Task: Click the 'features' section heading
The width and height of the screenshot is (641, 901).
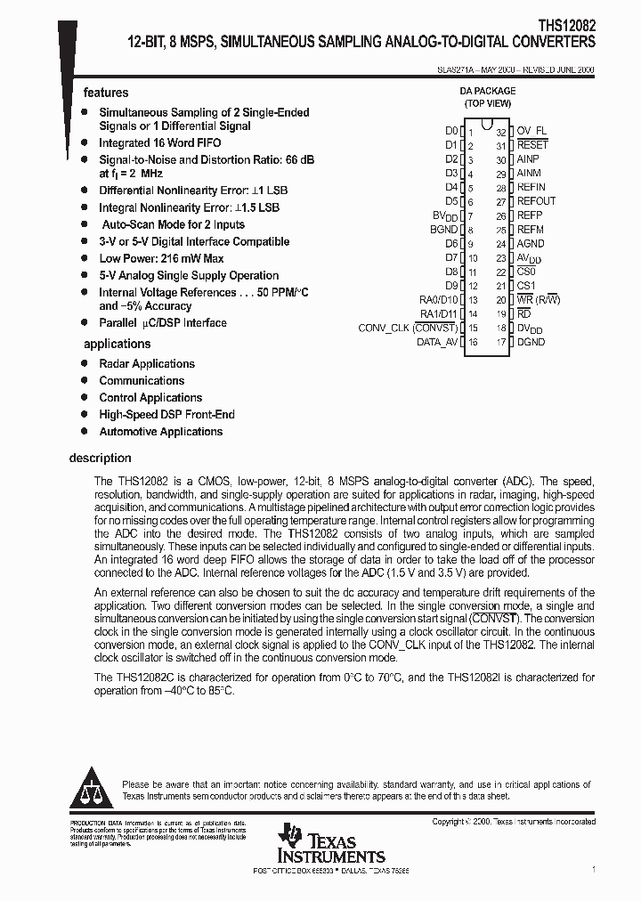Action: pyautogui.click(x=106, y=93)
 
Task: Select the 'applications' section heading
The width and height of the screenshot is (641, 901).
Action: pyautogui.click(x=117, y=344)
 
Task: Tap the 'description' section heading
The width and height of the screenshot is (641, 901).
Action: pyautogui.click(x=100, y=459)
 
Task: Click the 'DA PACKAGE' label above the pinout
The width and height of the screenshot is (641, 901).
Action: pyautogui.click(x=486, y=90)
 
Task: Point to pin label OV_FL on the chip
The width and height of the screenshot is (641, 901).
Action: pyautogui.click(x=532, y=130)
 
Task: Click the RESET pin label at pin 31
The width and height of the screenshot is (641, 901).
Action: pyautogui.click(x=532, y=144)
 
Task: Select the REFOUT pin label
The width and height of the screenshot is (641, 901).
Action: pyautogui.click(x=536, y=201)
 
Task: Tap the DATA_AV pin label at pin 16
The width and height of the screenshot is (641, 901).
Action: pyautogui.click(x=437, y=342)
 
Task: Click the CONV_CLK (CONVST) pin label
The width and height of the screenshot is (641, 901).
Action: pyautogui.click(x=408, y=328)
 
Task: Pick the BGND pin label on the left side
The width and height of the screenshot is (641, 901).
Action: pyautogui.click(x=443, y=230)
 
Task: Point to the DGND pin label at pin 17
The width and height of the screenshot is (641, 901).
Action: pyautogui.click(x=531, y=342)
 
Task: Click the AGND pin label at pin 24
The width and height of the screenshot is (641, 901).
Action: pyautogui.click(x=531, y=243)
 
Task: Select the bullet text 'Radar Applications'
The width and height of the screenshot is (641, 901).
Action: pyautogui.click(x=147, y=363)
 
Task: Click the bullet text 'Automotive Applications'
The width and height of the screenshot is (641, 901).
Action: pyautogui.click(x=160, y=432)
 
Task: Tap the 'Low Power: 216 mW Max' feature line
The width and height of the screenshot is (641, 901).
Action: pyautogui.click(x=156, y=258)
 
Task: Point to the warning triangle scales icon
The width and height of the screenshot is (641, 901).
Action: pyautogui.click(x=89, y=785)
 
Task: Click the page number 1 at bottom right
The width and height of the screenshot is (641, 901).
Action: pyautogui.click(x=593, y=868)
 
